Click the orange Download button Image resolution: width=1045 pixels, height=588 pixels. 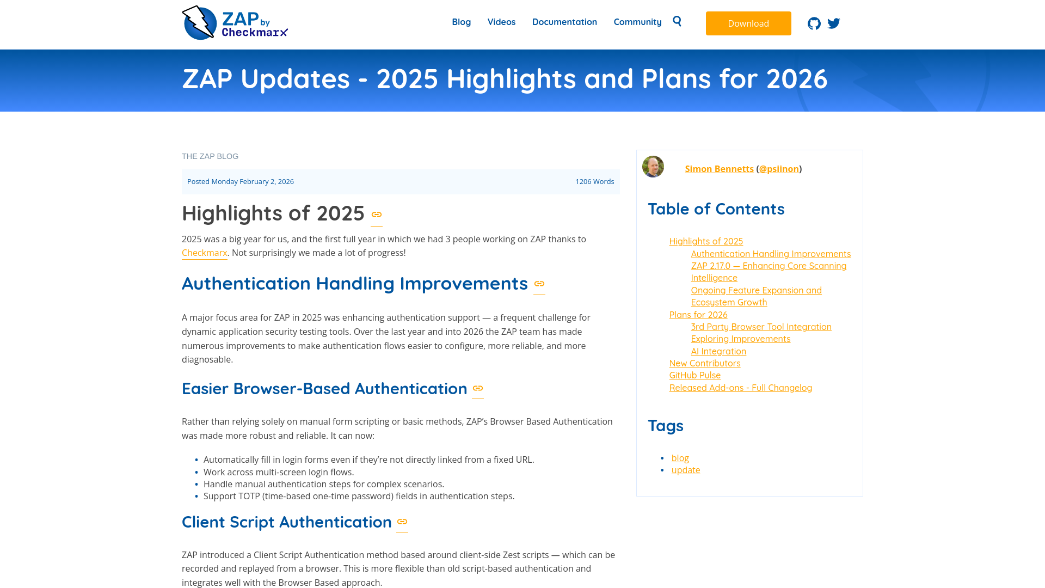748,23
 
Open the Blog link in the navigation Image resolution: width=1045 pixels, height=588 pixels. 461,22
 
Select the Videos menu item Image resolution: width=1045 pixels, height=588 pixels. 501,22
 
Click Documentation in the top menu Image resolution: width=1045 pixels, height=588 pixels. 564,22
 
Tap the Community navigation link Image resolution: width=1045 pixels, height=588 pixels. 637,22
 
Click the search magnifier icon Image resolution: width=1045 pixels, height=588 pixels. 677,21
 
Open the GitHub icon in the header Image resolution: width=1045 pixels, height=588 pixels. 814,23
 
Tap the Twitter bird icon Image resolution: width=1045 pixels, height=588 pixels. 834,23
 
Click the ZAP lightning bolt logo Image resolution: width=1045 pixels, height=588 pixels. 199,23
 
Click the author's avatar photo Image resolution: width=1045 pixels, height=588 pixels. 653,167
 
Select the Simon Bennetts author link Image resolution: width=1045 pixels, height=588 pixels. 719,169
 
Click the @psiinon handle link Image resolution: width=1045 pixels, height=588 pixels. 779,169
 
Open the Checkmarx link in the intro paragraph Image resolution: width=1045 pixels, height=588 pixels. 204,253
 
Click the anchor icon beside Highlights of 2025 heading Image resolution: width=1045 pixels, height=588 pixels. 377,215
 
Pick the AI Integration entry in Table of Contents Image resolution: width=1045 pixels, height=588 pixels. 718,351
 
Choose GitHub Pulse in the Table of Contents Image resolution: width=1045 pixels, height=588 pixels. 694,375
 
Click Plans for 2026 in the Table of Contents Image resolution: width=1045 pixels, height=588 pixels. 698,315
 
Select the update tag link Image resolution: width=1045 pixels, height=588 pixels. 685,470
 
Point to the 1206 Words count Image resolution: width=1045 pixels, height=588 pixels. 594,181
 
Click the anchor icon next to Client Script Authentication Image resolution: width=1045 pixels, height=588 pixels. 402,522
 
